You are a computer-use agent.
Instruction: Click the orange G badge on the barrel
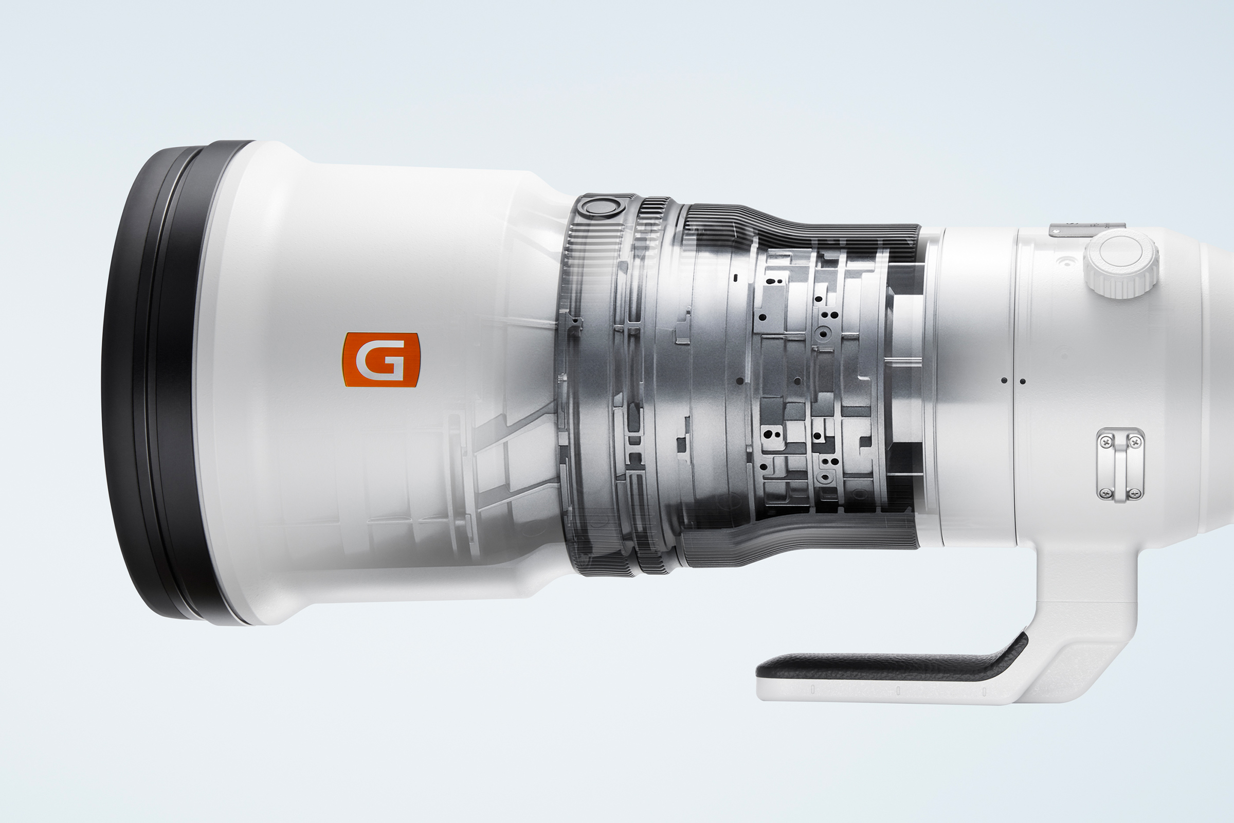click(382, 360)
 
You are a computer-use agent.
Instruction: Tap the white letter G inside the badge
click(380, 360)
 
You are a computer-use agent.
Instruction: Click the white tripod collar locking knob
click(1121, 264)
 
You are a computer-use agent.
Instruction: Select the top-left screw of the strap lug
click(1106, 443)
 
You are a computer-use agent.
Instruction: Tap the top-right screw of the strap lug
click(1135, 443)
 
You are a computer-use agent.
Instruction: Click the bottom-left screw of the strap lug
click(1106, 492)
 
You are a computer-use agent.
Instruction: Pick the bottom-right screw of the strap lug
click(1135, 492)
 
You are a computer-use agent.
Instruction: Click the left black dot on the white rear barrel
click(1004, 380)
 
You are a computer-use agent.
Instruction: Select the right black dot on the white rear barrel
click(1023, 381)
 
